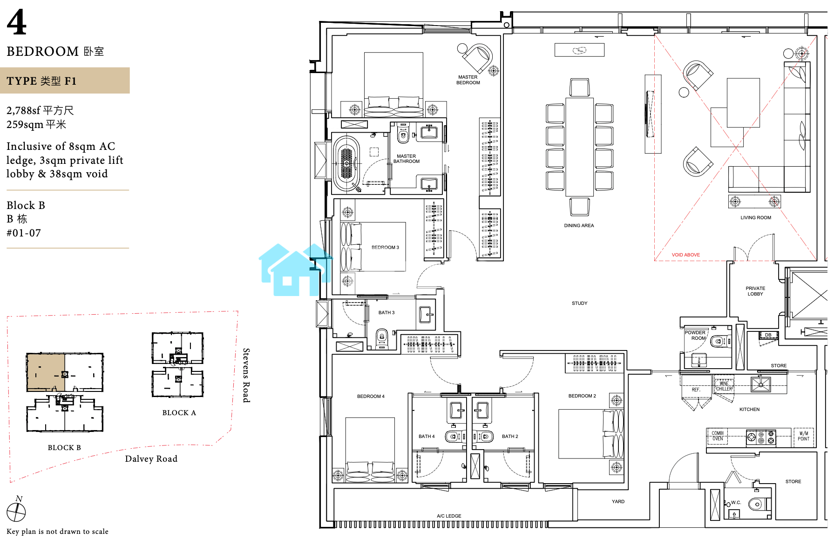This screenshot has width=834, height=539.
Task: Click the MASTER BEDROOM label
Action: click(x=468, y=80)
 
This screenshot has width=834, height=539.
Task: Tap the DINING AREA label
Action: click(x=579, y=226)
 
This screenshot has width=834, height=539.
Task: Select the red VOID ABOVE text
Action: click(x=685, y=255)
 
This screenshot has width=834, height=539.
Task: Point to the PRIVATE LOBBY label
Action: click(x=755, y=291)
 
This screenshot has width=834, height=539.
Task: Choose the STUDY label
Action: click(x=579, y=303)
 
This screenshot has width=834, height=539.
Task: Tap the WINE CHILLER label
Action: click(x=724, y=386)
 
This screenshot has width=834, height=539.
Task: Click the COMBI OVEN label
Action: click(x=718, y=436)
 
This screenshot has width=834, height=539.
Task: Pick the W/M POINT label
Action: click(x=803, y=436)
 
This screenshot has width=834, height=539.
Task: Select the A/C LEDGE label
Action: click(x=449, y=516)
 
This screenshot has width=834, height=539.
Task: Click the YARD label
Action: click(x=618, y=502)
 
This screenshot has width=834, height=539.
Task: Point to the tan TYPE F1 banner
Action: click(x=65, y=81)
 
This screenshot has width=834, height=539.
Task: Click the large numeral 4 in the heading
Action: click(x=17, y=22)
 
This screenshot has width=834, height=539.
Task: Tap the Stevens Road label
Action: click(x=246, y=375)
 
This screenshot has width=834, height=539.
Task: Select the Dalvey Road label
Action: click(x=151, y=459)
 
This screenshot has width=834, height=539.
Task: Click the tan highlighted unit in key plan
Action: click(x=46, y=372)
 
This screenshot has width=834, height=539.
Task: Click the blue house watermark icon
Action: click(x=295, y=270)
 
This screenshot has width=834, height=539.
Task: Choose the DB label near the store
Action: click(x=768, y=335)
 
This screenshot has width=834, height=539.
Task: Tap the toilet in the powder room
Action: click(x=720, y=341)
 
